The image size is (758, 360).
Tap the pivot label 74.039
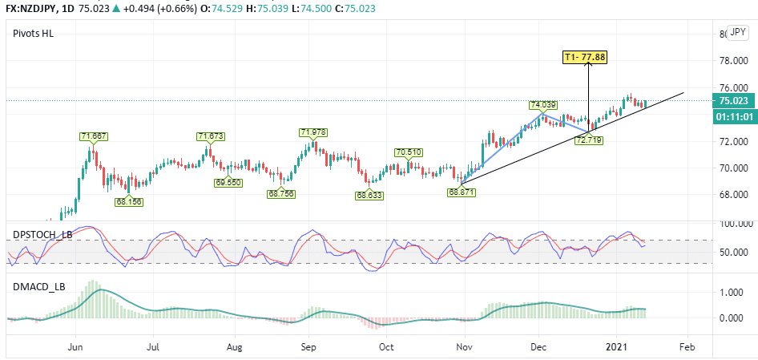tap(542, 105)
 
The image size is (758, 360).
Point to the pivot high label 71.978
tap(313, 132)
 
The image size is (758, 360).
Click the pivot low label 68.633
tap(369, 195)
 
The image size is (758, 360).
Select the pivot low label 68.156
tap(128, 202)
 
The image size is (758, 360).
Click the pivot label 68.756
tap(282, 193)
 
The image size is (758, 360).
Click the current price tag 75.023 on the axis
tap(734, 101)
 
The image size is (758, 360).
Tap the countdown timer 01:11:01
tap(734, 116)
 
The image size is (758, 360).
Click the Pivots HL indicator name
tap(33, 33)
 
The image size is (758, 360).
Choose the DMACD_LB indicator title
tap(37, 285)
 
